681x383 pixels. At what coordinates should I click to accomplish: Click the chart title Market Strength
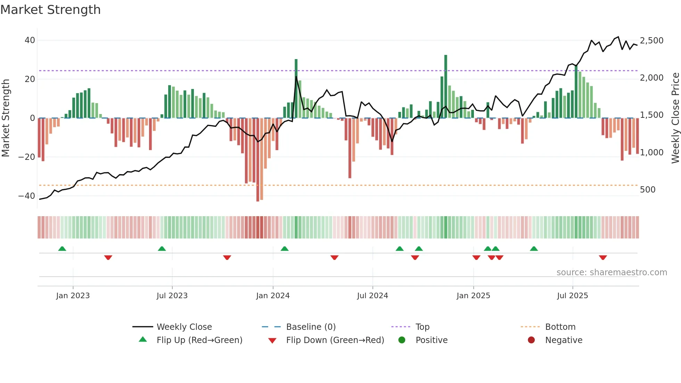[50, 10]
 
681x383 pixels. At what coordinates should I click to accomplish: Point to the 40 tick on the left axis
[30, 40]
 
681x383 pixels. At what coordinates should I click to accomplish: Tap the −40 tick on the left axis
[27, 196]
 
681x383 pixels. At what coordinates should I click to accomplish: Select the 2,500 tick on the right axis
[651, 41]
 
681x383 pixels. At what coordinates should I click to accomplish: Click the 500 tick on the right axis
[647, 190]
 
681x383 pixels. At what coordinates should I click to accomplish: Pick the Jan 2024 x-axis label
[273, 296]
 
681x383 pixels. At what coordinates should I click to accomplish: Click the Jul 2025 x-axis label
[572, 296]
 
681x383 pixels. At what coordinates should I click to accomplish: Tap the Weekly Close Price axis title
[675, 118]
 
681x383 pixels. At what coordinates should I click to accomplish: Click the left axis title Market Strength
[6, 118]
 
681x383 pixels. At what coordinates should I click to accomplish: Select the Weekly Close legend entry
[184, 327]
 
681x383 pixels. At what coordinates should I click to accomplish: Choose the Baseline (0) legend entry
[311, 327]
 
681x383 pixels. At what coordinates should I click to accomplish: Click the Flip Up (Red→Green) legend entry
[199, 340]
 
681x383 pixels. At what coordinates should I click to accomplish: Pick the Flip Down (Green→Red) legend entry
[335, 340]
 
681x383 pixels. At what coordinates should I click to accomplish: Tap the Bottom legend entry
[560, 327]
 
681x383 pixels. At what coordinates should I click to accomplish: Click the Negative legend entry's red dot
[531, 340]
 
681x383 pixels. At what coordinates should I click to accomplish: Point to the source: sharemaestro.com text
[612, 272]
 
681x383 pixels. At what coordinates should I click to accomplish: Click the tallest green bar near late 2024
[446, 87]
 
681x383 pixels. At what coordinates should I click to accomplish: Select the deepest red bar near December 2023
[258, 160]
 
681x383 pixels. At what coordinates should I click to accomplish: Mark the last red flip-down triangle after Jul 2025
[603, 258]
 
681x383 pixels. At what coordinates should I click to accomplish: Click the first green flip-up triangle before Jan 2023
[62, 248]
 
